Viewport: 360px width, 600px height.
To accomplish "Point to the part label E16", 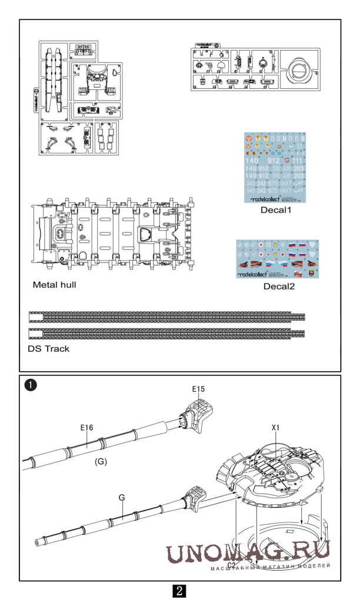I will [x=86, y=428].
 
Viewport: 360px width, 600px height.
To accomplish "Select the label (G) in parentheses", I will [x=101, y=462].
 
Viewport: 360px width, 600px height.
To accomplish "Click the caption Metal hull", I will [x=55, y=285].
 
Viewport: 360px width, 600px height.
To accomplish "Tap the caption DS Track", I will [x=48, y=349].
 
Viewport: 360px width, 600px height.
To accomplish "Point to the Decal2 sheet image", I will [x=276, y=259].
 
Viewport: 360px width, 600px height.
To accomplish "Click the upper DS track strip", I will [x=167, y=318].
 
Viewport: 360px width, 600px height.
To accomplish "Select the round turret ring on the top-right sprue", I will [x=299, y=71].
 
